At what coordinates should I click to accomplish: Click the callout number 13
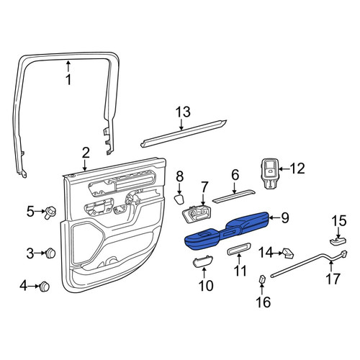pyautogui.click(x=183, y=112)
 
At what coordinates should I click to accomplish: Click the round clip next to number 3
pyautogui.click(x=50, y=253)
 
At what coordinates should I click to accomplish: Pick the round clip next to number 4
pyautogui.click(x=45, y=287)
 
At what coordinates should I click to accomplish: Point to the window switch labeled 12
pyautogui.click(x=269, y=173)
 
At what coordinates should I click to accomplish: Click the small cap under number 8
pyautogui.click(x=179, y=199)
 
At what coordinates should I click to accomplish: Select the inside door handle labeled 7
pyautogui.click(x=197, y=215)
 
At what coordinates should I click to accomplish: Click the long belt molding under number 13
pyautogui.click(x=184, y=133)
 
